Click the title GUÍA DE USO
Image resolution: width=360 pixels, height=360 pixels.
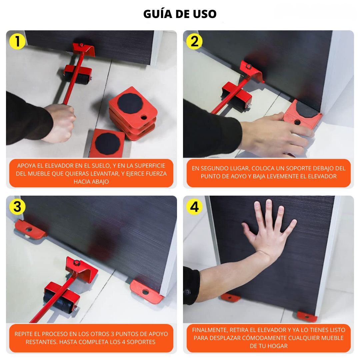180,14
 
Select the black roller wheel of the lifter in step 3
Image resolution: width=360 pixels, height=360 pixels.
57,302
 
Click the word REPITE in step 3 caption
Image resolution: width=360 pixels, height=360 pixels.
24,334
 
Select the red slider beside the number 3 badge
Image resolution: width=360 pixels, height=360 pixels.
30,230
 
